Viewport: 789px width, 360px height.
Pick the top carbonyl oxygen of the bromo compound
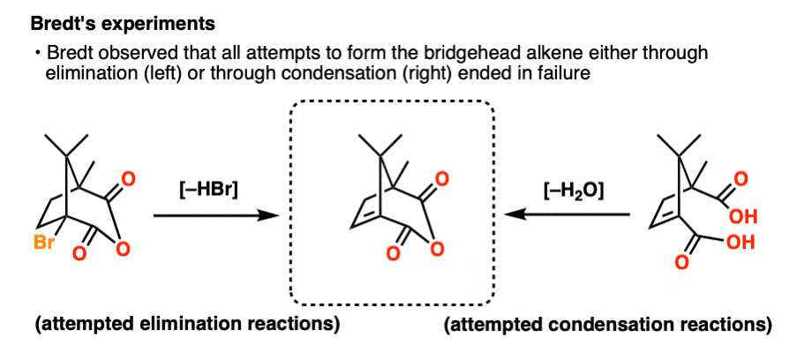[x=128, y=180]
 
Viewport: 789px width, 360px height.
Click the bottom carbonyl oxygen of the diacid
[x=681, y=263]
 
